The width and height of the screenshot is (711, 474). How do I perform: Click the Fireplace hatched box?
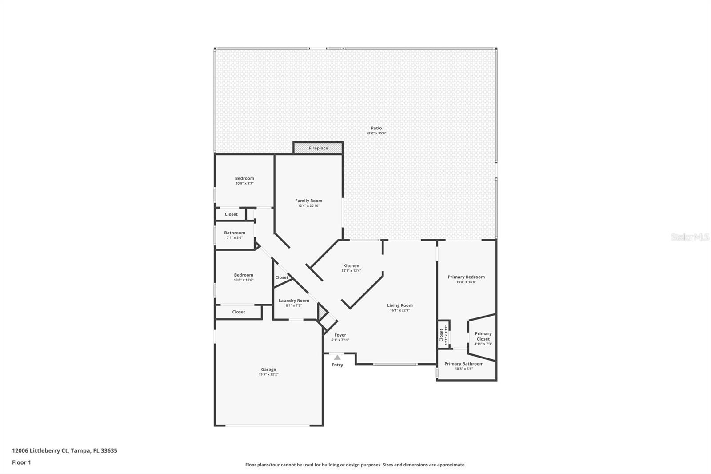[x=318, y=148]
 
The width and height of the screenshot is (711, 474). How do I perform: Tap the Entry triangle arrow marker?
[x=337, y=358]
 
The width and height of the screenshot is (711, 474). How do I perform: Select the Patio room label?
[x=376, y=128]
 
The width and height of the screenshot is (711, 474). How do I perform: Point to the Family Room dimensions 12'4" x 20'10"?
[x=308, y=206]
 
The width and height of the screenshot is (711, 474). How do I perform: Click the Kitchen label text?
[x=351, y=266]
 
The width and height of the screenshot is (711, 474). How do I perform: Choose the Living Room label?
[x=399, y=305]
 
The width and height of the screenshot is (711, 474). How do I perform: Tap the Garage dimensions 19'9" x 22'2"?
[x=268, y=374]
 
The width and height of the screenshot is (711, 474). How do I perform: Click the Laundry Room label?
[x=294, y=301]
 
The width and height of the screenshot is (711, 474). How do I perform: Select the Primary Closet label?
[x=483, y=336]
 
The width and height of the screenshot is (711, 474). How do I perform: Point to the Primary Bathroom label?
[x=463, y=364]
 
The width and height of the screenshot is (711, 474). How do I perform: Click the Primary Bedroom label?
[x=466, y=277]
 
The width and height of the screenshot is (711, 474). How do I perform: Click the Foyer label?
[x=340, y=335]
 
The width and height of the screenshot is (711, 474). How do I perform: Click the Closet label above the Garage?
[x=239, y=312]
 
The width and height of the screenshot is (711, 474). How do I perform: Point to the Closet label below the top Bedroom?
[x=231, y=214]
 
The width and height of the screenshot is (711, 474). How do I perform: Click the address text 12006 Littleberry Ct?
[x=40, y=450]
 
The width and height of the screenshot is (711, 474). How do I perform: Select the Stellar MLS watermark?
[x=690, y=237]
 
